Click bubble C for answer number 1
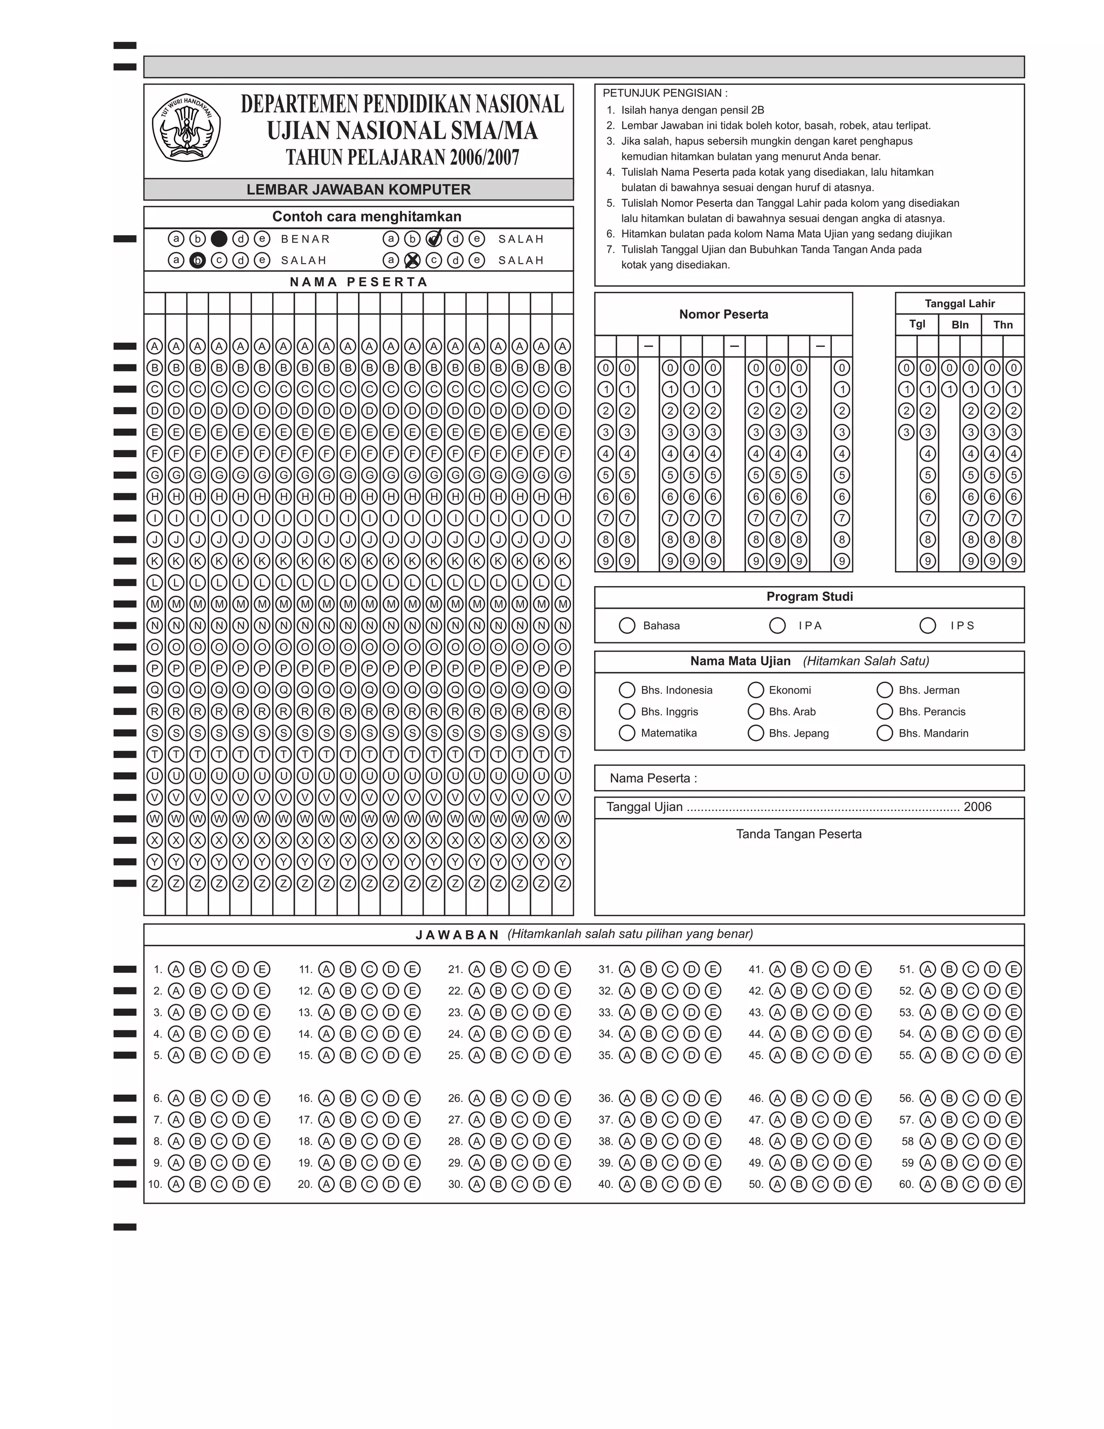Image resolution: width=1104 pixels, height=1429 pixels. tap(218, 969)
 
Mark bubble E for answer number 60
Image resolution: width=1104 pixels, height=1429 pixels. tap(1013, 1184)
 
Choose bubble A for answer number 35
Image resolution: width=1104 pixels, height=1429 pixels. tap(626, 1055)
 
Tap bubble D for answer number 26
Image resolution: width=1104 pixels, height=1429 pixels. tap(541, 1098)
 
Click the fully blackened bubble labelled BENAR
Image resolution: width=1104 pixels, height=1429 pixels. tap(219, 239)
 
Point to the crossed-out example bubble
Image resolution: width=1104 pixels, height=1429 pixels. tap(412, 260)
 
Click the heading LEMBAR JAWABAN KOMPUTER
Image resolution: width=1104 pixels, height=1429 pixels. tap(358, 190)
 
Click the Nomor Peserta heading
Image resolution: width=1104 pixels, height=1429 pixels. tap(723, 314)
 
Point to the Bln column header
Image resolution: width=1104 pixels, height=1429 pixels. tap(960, 325)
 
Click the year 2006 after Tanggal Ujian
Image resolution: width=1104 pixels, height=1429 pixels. tap(977, 807)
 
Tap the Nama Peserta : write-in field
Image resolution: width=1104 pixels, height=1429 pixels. tap(850, 778)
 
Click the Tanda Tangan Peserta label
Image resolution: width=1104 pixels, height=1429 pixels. tap(798, 834)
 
